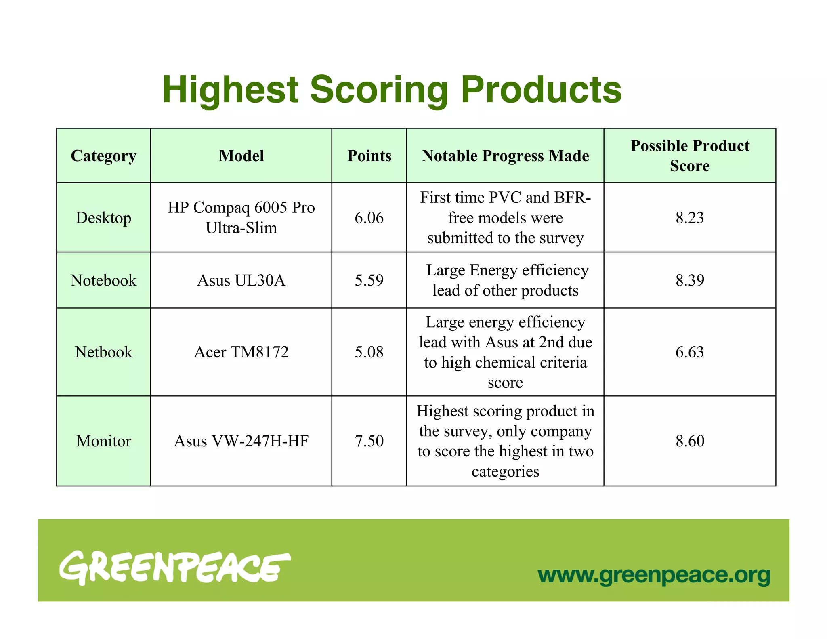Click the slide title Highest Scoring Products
(392, 90)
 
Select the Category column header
(103, 156)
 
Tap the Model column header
(241, 156)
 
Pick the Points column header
(369, 156)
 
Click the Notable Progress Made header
(505, 156)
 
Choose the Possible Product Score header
(690, 156)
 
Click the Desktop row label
(103, 218)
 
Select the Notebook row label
(103, 280)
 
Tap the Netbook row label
(103, 352)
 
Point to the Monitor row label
(103, 441)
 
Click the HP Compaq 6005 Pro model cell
(241, 218)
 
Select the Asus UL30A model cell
(241, 280)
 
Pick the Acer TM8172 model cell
(241, 352)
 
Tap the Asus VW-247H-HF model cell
(241, 441)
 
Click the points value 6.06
(369, 218)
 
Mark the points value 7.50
(369, 441)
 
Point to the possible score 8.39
(690, 280)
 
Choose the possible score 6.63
(690, 352)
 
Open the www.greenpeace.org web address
(654, 575)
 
